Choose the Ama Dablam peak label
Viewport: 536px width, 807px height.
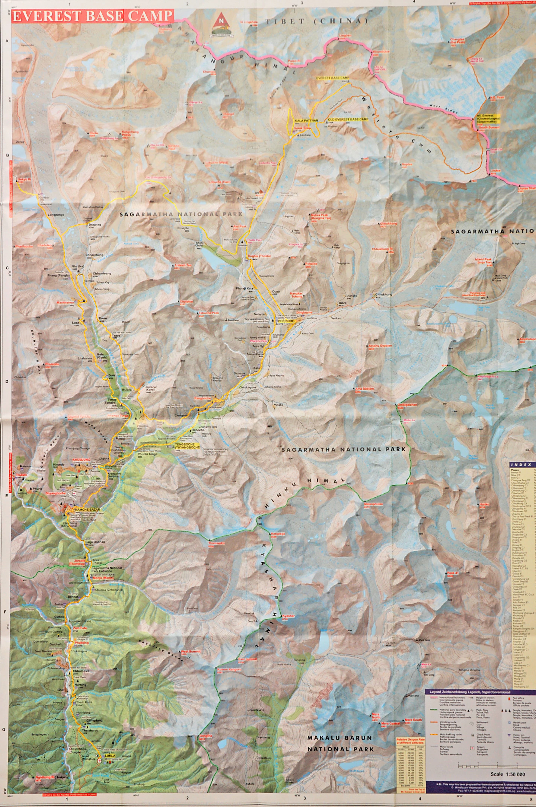click(x=364, y=389)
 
